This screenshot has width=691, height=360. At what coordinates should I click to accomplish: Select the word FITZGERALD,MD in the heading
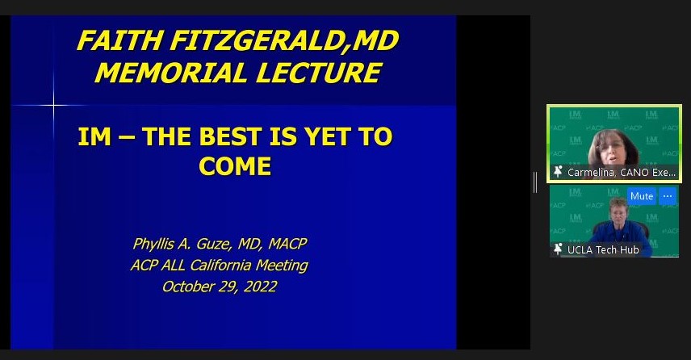[x=285, y=41]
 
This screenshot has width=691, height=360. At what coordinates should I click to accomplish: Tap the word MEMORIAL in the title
[x=171, y=73]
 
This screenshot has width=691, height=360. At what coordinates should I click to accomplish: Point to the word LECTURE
[x=318, y=73]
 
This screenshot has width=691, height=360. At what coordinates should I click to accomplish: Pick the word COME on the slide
[x=235, y=166]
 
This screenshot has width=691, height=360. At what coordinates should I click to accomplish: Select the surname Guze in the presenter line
[x=215, y=244]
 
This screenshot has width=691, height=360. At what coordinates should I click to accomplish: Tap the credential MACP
[x=287, y=244]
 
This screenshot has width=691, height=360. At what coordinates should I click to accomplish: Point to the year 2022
[x=261, y=287]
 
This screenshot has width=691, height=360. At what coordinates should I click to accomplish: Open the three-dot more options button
[x=668, y=196]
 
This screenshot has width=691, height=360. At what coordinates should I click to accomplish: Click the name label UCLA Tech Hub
[x=603, y=250]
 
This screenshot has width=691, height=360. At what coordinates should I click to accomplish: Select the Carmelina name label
[x=621, y=172]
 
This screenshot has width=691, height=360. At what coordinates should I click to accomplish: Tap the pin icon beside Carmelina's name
[x=558, y=172]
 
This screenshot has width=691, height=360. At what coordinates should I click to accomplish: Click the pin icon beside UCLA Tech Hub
[x=558, y=249]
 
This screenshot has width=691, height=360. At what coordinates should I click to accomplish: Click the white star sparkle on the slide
[x=54, y=105]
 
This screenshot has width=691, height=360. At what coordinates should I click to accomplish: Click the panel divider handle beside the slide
[x=535, y=182]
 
